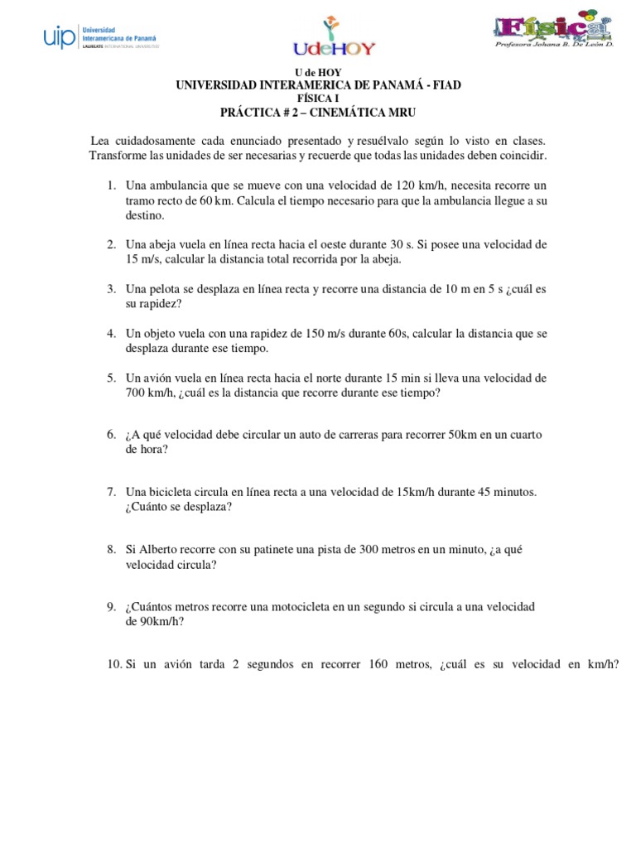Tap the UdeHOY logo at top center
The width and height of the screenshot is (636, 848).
point(333,38)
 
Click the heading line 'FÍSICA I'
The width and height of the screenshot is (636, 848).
point(318,98)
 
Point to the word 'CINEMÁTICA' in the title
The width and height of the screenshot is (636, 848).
point(346,110)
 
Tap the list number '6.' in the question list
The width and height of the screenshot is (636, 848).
point(112,435)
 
